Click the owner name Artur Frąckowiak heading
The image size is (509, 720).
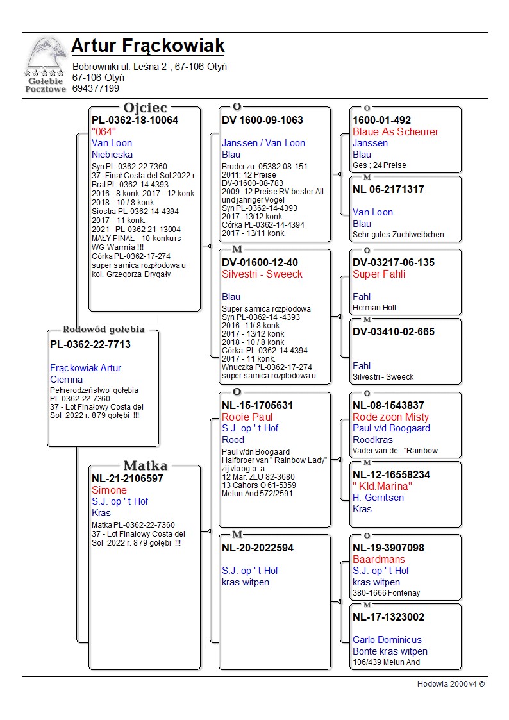click(148, 46)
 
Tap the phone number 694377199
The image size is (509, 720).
click(96, 88)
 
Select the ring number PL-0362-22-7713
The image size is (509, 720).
click(90, 345)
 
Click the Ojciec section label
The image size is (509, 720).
click(145, 108)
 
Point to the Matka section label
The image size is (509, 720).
click(145, 465)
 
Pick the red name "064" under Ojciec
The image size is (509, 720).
click(104, 131)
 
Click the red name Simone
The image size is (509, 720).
click(109, 490)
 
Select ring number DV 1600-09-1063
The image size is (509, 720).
click(262, 121)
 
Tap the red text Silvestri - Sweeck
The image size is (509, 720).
click(262, 274)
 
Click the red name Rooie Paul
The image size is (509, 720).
click(247, 417)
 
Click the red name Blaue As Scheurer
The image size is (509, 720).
click(396, 132)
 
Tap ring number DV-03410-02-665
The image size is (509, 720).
click(394, 332)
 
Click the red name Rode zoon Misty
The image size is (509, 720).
click(391, 417)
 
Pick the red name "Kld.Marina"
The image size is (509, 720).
click(382, 486)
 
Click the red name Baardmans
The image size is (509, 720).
click(379, 559)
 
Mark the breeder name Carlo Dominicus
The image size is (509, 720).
click(387, 640)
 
